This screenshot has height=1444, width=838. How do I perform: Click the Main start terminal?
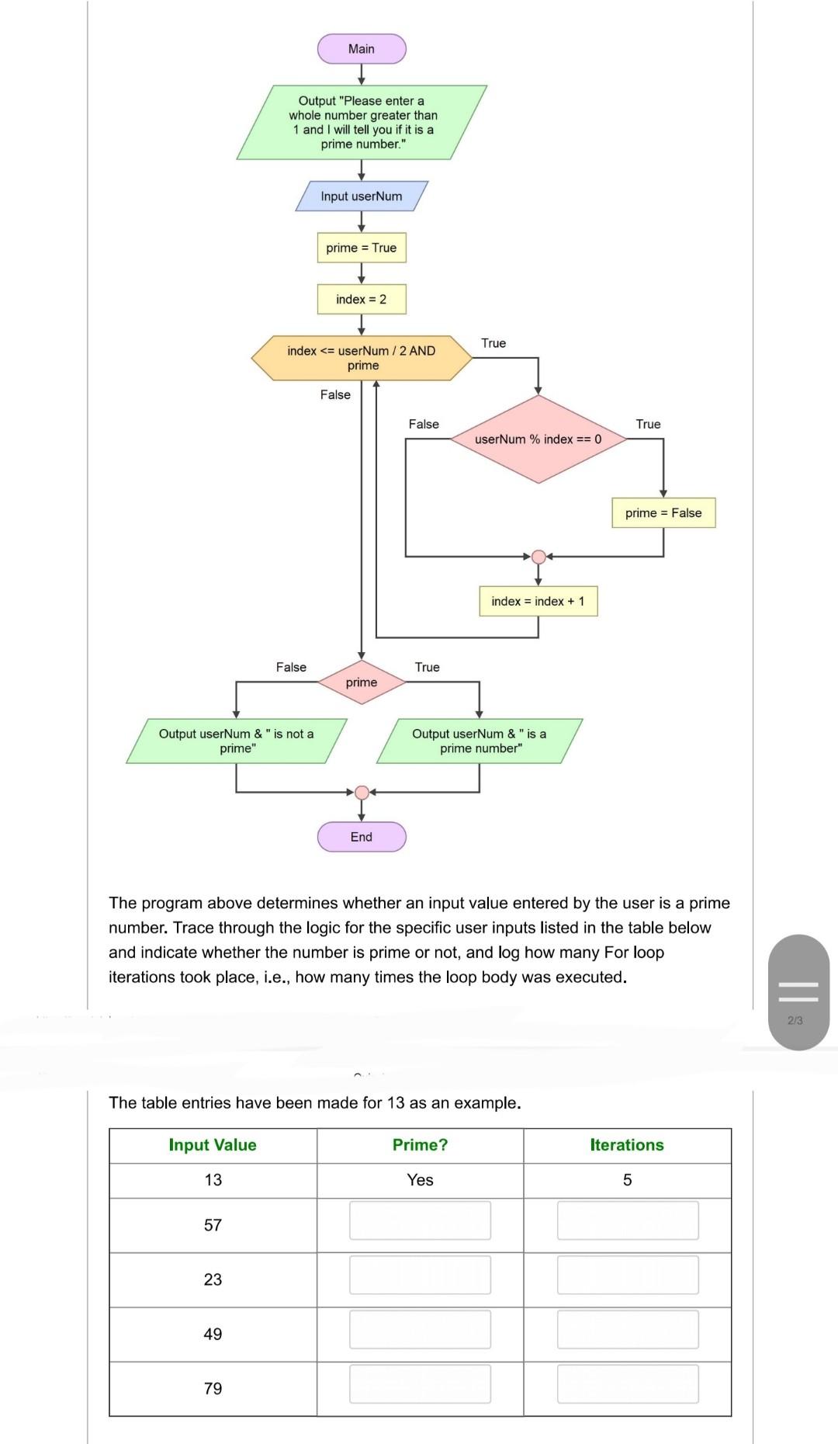[362, 49]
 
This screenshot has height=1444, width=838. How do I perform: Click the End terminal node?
[362, 837]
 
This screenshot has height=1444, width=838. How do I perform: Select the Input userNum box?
[362, 196]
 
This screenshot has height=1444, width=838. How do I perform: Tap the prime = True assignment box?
[362, 248]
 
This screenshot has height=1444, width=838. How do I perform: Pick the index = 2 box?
[362, 299]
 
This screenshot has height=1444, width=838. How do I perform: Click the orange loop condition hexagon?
[362, 358]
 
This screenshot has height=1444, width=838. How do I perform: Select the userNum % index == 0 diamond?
[538, 439]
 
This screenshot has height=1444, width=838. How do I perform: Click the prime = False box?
[663, 513]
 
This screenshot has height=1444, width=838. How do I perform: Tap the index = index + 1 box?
[538, 602]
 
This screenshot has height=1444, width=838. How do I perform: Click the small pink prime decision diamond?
[362, 682]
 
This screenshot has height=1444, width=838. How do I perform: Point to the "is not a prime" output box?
[237, 741]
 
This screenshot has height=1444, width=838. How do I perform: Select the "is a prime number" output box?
[480, 741]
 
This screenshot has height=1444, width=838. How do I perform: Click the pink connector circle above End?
[362, 793]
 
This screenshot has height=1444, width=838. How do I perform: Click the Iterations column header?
[627, 1145]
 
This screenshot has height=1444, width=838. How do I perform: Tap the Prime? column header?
[420, 1145]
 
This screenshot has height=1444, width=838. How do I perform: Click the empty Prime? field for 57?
[420, 1220]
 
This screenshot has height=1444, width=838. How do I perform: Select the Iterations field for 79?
[627, 1384]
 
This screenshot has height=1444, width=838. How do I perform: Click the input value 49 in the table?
[213, 1334]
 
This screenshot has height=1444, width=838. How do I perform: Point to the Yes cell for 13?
[420, 1180]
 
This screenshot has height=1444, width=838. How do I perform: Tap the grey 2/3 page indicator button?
[799, 993]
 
